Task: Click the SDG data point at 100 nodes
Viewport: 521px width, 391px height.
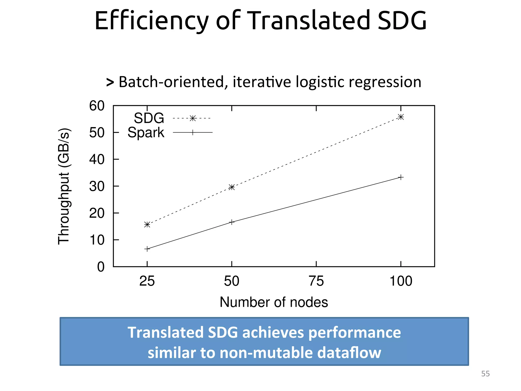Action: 401,117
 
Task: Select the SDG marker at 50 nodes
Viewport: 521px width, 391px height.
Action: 231,187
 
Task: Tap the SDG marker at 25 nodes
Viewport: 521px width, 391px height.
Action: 147,225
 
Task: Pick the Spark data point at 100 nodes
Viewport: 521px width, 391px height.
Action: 401,177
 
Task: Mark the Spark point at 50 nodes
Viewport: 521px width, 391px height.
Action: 231,222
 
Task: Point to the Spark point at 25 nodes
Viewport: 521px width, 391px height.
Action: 147,249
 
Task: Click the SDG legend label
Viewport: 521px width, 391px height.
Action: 149,118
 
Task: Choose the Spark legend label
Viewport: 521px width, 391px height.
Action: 146,133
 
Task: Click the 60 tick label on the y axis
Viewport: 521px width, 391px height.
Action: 97,106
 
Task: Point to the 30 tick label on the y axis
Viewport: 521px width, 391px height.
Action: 97,187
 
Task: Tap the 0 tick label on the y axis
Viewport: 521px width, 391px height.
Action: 101,267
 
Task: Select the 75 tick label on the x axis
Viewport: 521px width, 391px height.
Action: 316,281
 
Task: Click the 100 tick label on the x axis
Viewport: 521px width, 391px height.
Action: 401,281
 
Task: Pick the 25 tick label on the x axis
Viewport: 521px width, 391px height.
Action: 147,281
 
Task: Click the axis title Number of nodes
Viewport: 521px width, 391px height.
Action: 274,302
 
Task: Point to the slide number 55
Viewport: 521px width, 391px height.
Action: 485,374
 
